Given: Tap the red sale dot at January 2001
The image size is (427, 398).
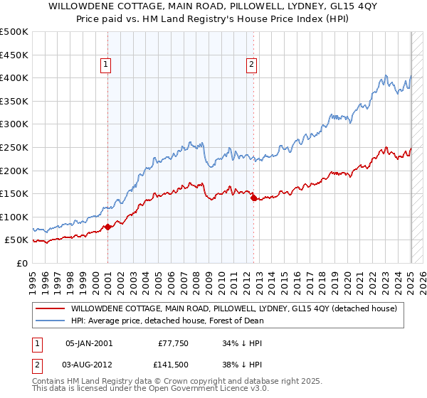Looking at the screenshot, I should coord(107,227).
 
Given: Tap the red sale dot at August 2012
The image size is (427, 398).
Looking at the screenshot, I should coord(253,198).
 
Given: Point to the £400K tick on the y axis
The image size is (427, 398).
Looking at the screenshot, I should coord(14,77).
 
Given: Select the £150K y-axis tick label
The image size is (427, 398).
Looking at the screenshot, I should coord(14,193).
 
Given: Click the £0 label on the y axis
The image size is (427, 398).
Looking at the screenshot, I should coord(21,263).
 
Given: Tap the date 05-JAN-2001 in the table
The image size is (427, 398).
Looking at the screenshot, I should coord(88,343).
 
